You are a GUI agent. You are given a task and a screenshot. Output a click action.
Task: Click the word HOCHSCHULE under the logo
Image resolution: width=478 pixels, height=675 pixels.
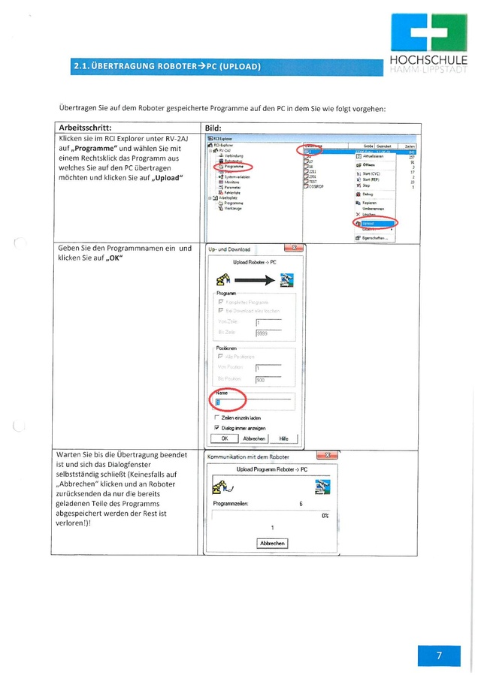428,61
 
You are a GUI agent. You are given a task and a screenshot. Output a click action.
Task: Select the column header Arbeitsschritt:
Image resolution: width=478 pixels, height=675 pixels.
89,128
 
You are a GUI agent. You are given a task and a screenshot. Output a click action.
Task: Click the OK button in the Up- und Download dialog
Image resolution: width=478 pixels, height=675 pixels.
224,438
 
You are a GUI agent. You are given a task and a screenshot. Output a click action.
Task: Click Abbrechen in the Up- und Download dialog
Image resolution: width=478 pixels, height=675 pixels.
254,438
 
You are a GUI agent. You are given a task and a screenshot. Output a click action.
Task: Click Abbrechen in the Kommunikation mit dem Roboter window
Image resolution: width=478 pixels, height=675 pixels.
271,543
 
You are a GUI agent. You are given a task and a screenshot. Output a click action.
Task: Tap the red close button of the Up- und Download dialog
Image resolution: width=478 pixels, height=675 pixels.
293,249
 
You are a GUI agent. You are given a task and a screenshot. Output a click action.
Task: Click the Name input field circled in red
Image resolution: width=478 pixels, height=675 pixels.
252,403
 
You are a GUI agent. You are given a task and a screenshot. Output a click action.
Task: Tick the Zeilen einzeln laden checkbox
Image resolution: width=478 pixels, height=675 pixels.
216,417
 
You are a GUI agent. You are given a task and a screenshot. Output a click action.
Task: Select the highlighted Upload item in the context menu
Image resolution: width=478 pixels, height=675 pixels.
372,223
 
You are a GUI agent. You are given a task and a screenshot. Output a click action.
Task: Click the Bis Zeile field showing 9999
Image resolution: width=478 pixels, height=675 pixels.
268,333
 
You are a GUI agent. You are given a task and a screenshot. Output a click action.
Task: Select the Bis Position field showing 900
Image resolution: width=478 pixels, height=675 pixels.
268,380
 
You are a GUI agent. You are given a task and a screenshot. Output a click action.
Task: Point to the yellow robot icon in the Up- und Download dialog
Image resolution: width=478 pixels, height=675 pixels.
223,280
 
